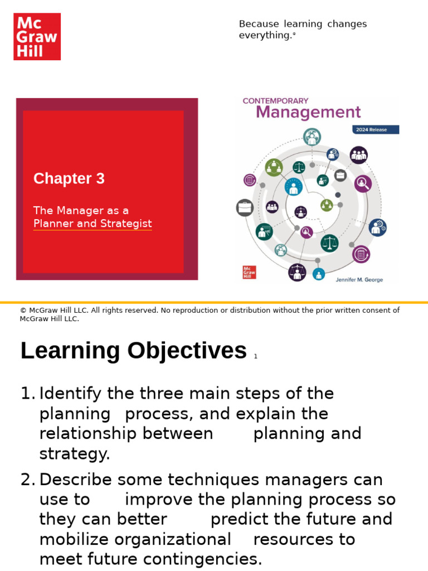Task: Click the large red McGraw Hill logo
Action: tap(37, 37)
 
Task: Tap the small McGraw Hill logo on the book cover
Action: tap(249, 272)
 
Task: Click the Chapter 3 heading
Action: tap(69, 178)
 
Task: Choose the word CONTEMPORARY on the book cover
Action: tap(275, 101)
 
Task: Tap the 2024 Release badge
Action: tap(375, 130)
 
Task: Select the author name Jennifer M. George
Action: tap(359, 279)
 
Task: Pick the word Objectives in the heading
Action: tap(187, 351)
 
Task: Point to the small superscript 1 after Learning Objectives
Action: tap(255, 357)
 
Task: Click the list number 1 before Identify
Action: tap(27, 394)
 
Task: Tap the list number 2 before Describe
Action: tap(27, 480)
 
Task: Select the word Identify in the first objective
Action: tap(70, 394)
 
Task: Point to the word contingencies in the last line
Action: tap(199, 559)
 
